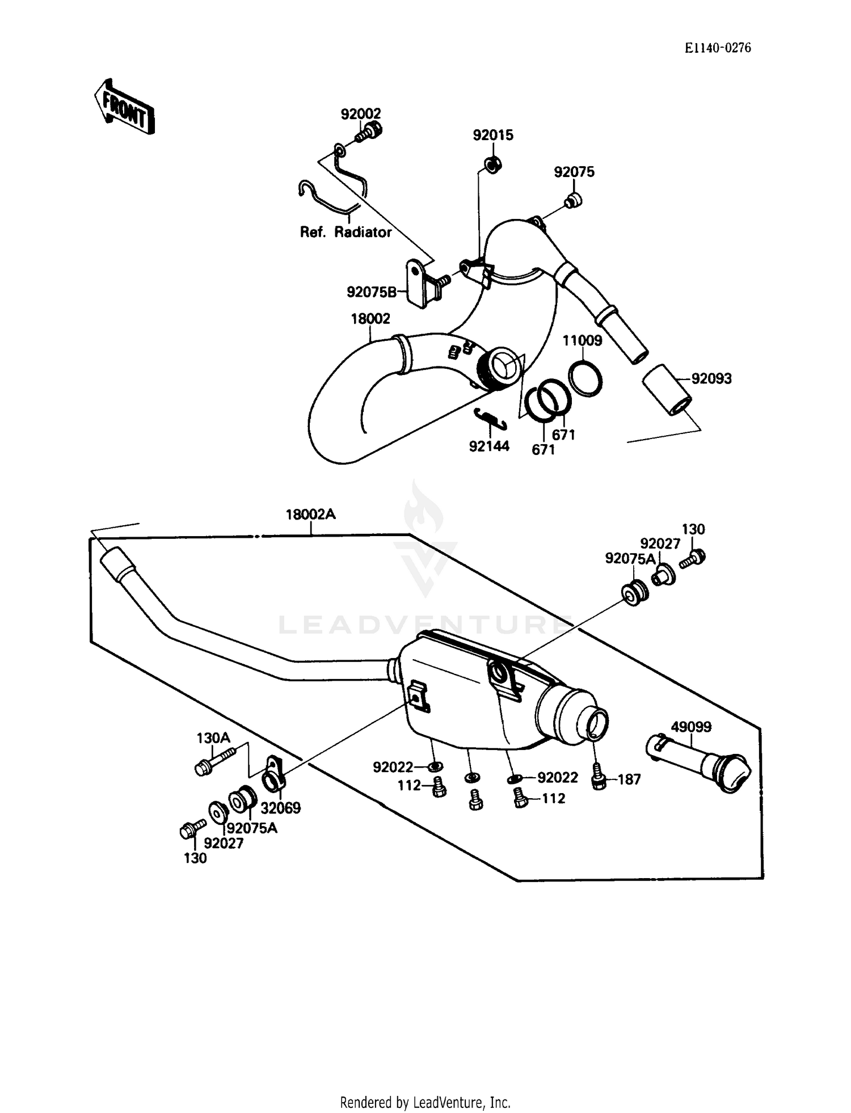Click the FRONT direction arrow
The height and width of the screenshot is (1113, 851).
coord(124,106)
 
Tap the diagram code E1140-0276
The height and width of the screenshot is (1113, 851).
coord(717,48)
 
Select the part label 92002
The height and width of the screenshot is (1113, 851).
coord(361,114)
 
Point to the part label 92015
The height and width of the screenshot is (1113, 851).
coord(493,135)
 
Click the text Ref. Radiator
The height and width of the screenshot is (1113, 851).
coord(346,232)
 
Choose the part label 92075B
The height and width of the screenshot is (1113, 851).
coord(372,292)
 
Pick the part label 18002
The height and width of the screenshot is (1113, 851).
coord(370,319)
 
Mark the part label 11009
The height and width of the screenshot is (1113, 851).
coord(582,340)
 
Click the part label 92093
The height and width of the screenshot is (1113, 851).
coord(711,378)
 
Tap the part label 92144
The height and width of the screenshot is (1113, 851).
coord(489,446)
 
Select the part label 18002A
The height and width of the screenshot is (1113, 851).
coord(310,515)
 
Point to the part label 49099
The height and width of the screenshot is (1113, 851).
coord(691,727)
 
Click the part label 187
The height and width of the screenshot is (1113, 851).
coord(629,779)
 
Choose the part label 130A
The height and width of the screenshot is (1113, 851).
coord(213,738)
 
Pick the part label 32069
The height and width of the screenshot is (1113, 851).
coord(280,808)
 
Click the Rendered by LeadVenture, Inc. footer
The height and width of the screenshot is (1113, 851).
coord(425,1102)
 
